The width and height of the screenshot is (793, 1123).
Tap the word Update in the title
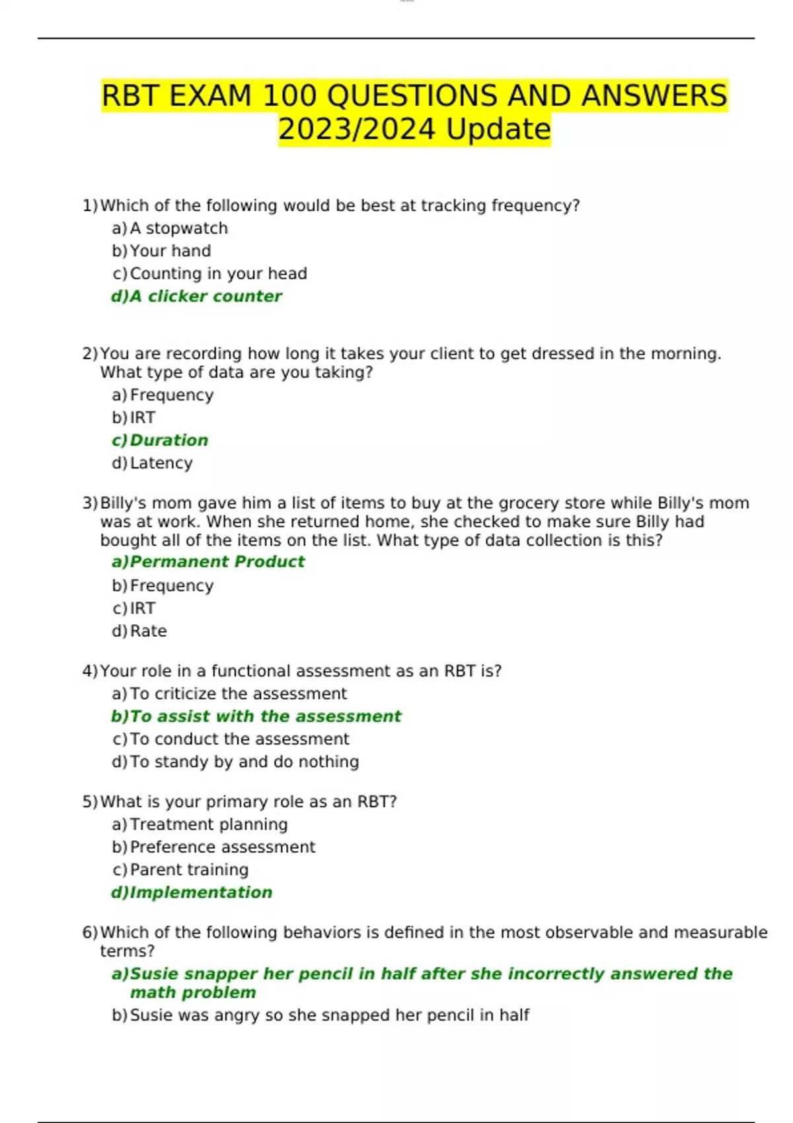498,129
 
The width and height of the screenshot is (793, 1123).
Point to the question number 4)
89,672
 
